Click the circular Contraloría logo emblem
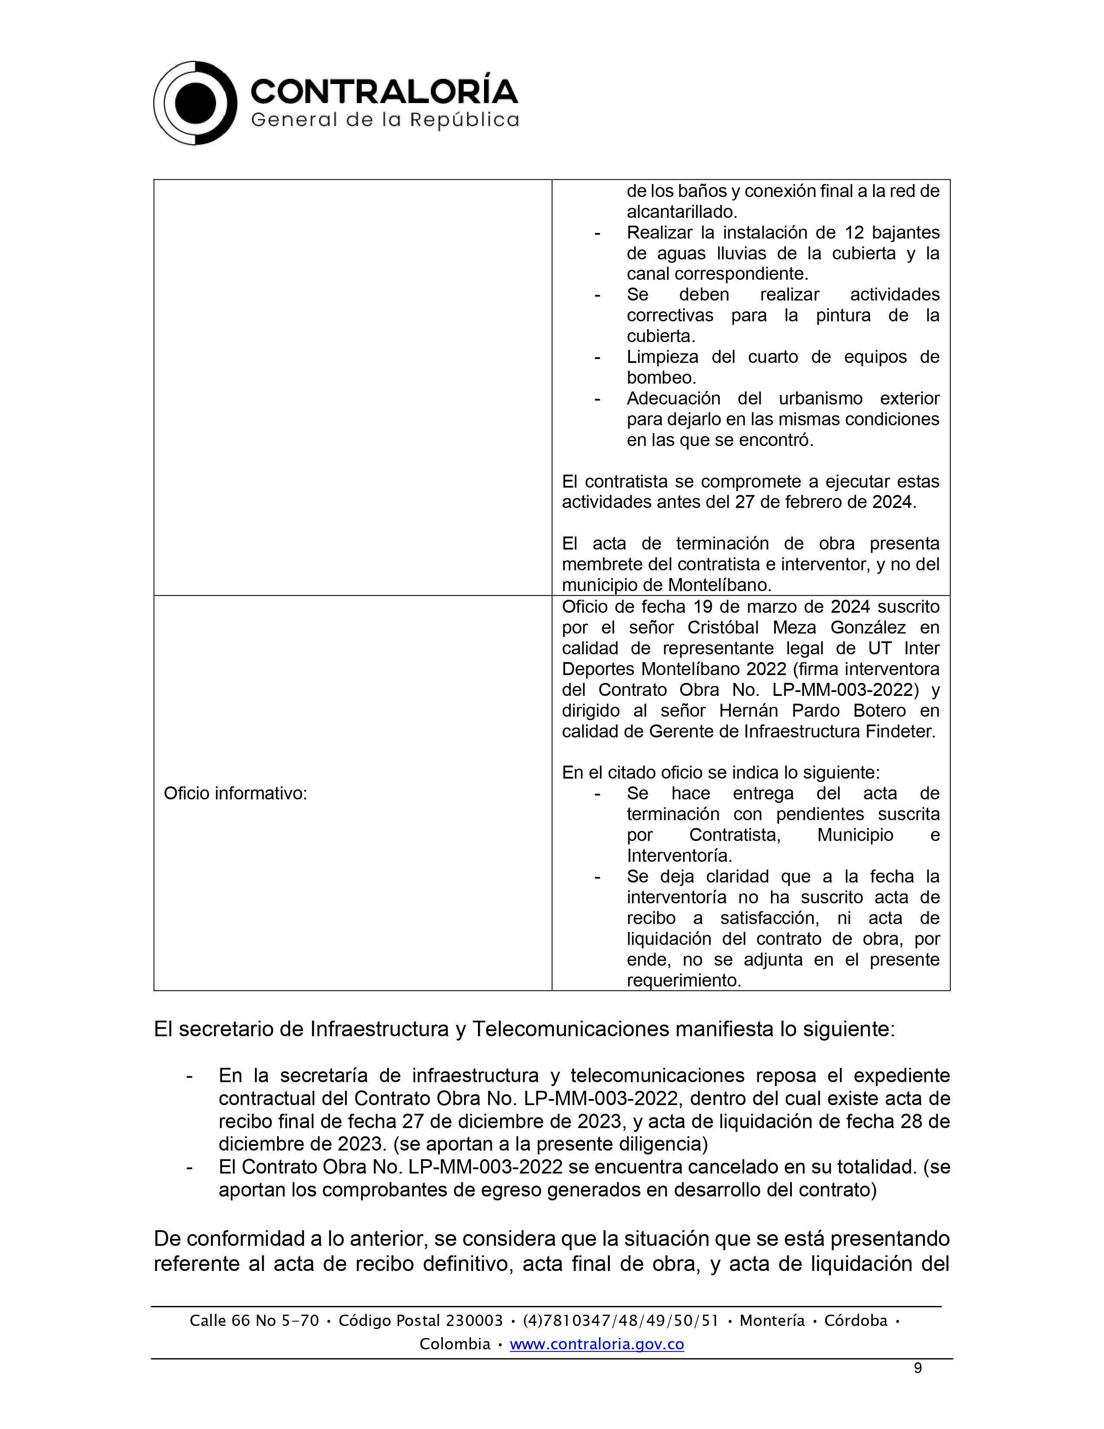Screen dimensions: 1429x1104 (x=195, y=103)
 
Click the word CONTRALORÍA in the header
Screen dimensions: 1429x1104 (x=384, y=91)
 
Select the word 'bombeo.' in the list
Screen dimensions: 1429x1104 (x=661, y=378)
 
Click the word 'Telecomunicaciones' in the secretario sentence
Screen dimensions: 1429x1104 (x=570, y=1029)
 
